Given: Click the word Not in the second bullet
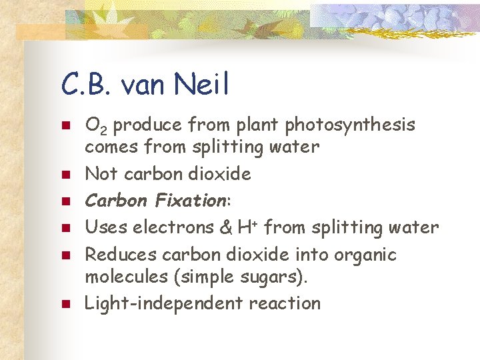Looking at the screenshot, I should tap(100, 174).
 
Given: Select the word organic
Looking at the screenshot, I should tap(365, 255).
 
